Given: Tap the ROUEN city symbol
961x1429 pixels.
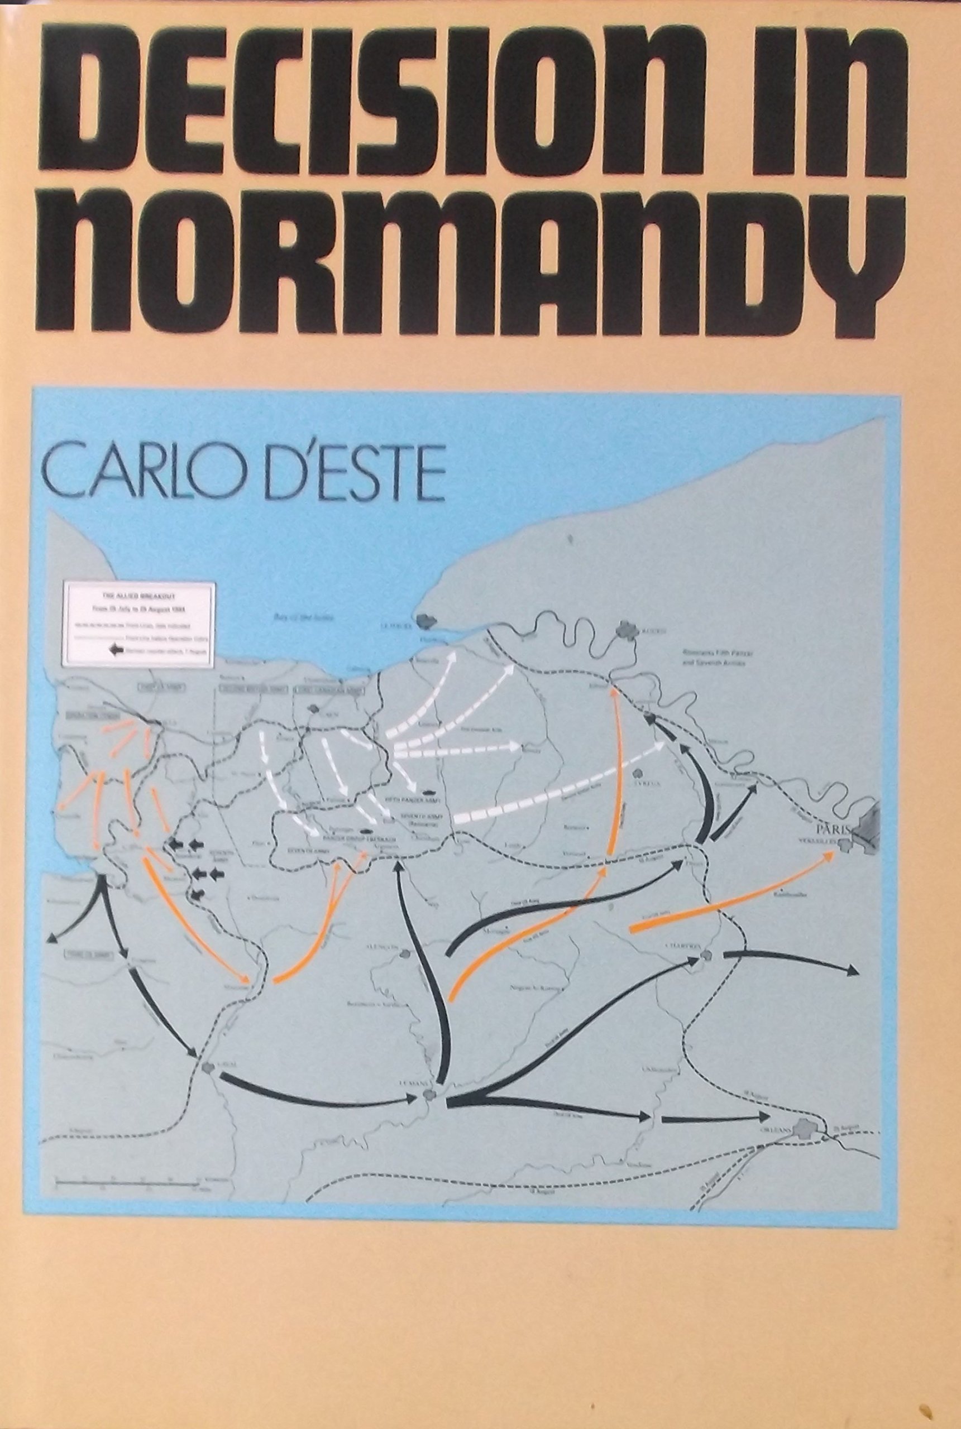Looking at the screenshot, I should pos(625,627).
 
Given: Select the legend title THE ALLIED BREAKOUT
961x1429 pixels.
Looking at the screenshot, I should pos(140,593).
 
